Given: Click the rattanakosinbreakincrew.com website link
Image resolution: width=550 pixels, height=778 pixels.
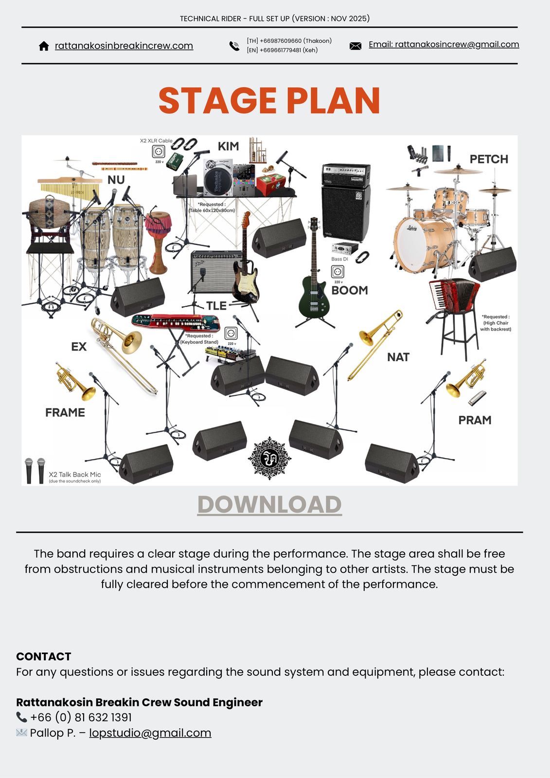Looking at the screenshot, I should pyautogui.click(x=124, y=46).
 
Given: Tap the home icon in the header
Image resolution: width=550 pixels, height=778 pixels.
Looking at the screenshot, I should pyautogui.click(x=44, y=46).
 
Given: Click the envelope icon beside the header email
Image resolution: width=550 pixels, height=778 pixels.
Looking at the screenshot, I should pyautogui.click(x=355, y=46).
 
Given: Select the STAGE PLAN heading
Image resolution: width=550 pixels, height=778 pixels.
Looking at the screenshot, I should pyautogui.click(x=269, y=101).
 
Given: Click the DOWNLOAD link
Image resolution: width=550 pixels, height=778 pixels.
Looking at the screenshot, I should pyautogui.click(x=269, y=504).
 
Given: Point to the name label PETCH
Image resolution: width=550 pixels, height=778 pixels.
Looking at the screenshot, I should pyautogui.click(x=488, y=159).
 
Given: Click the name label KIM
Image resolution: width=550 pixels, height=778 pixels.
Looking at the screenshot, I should pyautogui.click(x=228, y=146).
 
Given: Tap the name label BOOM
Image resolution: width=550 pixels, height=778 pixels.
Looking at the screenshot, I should pyautogui.click(x=349, y=290).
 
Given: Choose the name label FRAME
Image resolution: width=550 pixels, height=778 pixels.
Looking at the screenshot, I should pyautogui.click(x=65, y=412).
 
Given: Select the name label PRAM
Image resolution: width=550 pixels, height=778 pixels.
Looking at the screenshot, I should pyautogui.click(x=475, y=420).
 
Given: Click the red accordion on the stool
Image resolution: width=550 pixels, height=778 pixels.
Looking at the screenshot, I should pyautogui.click(x=452, y=294).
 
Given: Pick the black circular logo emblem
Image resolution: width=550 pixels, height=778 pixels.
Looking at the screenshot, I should pyautogui.click(x=269, y=458).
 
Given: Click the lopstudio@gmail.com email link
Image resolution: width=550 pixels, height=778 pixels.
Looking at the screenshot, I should pyautogui.click(x=150, y=733).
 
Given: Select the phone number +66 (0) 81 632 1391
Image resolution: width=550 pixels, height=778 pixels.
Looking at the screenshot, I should pyautogui.click(x=81, y=717).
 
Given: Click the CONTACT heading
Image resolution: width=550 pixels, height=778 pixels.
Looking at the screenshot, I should pyautogui.click(x=44, y=656).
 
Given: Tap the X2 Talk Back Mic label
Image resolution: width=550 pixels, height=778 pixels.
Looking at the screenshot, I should pyautogui.click(x=75, y=475).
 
